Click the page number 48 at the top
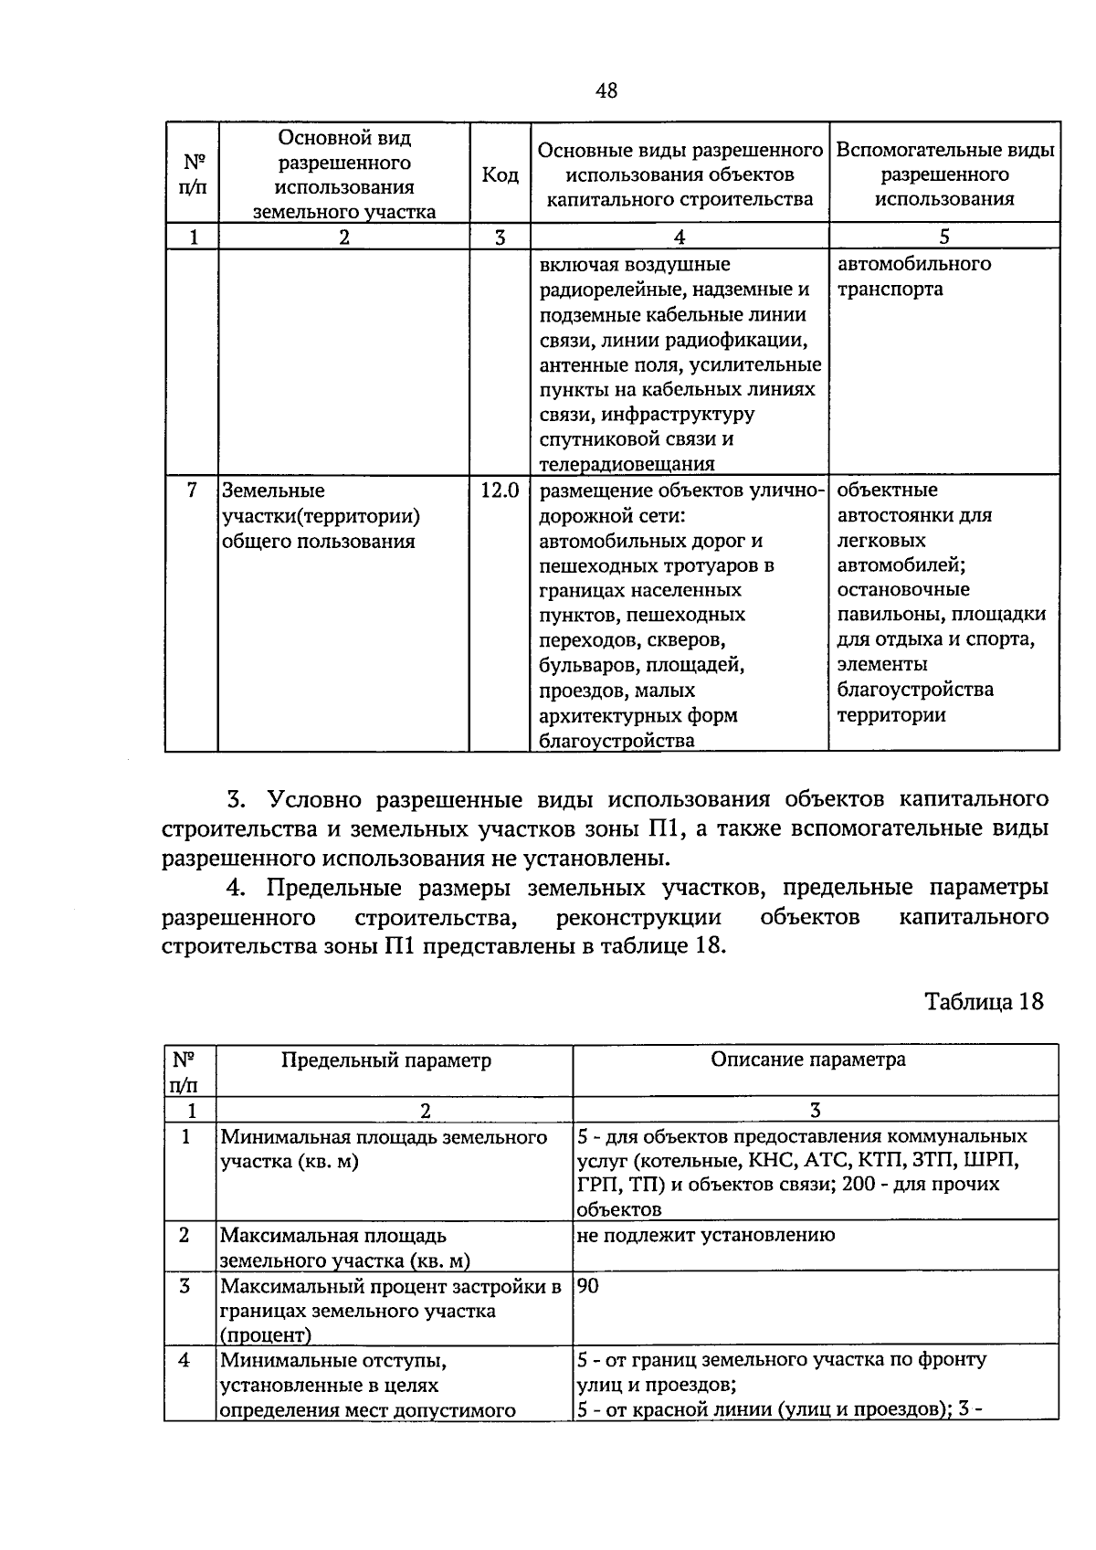click(606, 90)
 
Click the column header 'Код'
click(500, 174)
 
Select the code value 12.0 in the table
click(500, 490)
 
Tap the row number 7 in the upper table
click(192, 490)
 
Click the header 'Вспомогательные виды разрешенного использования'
click(944, 174)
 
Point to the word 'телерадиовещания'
click(627, 464)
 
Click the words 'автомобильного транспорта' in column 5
click(913, 276)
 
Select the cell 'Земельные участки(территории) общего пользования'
click(321, 516)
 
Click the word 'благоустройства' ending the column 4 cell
click(616, 741)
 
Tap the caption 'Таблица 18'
click(984, 1001)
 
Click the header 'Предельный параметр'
click(385, 1060)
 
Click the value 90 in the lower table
click(588, 1286)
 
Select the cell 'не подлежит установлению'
click(705, 1236)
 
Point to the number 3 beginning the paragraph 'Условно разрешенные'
click(235, 800)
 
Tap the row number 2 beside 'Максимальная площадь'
click(184, 1236)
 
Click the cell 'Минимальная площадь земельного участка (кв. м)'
click(384, 1149)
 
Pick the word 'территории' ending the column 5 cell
click(890, 715)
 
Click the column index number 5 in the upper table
click(943, 237)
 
